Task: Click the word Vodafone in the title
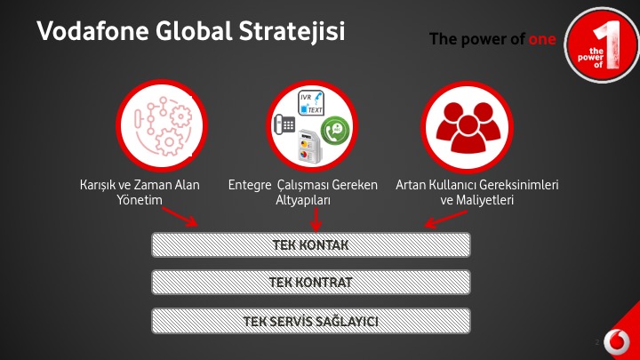tap(93, 30)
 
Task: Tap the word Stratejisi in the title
tap(292, 32)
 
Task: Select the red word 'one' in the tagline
tap(542, 40)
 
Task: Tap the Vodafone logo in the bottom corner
tap(617, 341)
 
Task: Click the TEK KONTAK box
tap(311, 245)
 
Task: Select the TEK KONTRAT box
tap(311, 282)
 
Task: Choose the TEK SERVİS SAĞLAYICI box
tap(311, 321)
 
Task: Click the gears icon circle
tap(162, 125)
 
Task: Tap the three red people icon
tap(468, 127)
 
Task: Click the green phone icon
tap(335, 131)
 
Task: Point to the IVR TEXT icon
tap(311, 103)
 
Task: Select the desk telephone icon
tap(284, 124)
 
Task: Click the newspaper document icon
tap(310, 147)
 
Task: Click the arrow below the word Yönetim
tap(180, 217)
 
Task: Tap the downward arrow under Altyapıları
tap(316, 220)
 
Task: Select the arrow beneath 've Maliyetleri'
tap(445, 220)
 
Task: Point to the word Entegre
tap(250, 185)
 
